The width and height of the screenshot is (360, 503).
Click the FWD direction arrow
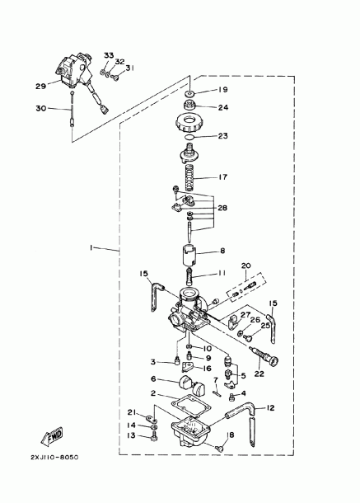click(52, 436)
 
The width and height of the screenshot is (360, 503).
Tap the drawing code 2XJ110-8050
click(54, 457)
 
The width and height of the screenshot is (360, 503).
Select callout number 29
click(40, 86)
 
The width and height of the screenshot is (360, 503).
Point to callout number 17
click(222, 176)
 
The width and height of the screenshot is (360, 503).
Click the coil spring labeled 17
click(191, 177)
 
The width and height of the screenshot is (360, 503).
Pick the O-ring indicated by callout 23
click(189, 138)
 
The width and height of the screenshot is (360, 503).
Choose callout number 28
click(222, 208)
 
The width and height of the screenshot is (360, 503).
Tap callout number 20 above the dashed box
click(246, 266)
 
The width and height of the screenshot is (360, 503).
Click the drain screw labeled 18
click(220, 448)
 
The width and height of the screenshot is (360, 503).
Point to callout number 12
click(271, 407)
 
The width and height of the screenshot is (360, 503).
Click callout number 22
click(259, 374)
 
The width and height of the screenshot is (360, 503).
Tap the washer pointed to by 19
click(189, 94)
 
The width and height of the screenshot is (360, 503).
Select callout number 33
click(109, 55)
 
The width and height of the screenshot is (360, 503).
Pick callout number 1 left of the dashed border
click(91, 247)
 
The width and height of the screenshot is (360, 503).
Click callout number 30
click(40, 108)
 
